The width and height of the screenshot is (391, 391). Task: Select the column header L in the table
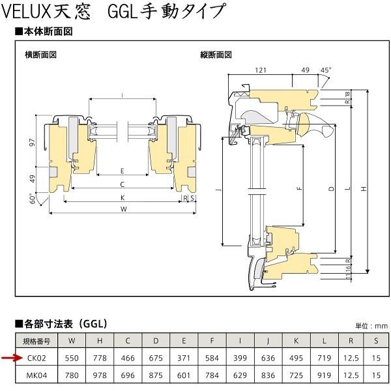pyautogui.click(x=325, y=341)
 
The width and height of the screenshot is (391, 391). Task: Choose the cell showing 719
pyautogui.click(x=325, y=358)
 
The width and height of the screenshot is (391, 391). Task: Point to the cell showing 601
pyautogui.click(x=184, y=375)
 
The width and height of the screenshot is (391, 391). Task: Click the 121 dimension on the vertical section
pyautogui.click(x=261, y=69)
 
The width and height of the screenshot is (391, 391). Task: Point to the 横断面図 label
pyautogui.click(x=40, y=55)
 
